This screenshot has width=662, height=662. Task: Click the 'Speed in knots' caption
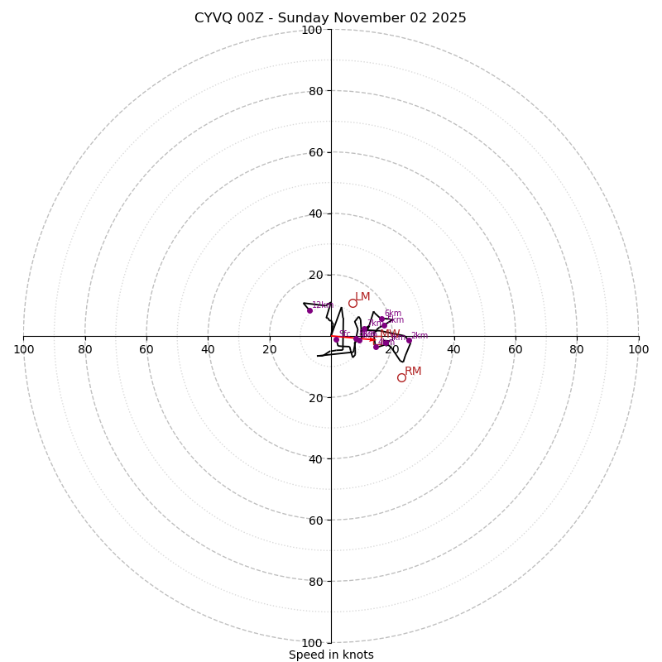pyautogui.click(x=331, y=655)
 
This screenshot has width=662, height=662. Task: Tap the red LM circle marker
pyautogui.click(x=353, y=304)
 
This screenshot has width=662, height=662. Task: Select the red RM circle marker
pyautogui.click(x=401, y=377)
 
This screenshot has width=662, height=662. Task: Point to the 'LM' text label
pyautogui.click(x=362, y=297)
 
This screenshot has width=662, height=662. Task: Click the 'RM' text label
pyautogui.click(x=413, y=372)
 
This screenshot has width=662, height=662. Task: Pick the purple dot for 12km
pyautogui.click(x=309, y=310)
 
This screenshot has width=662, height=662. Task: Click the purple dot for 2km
pyautogui.click(x=409, y=340)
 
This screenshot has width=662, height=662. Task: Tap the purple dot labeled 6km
pyautogui.click(x=381, y=319)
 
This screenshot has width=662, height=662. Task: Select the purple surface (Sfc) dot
pyautogui.click(x=336, y=338)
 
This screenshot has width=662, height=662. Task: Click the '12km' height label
pyautogui.click(x=322, y=305)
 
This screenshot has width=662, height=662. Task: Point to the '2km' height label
pyautogui.click(x=420, y=336)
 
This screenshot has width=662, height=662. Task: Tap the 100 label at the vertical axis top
pyautogui.click(x=312, y=30)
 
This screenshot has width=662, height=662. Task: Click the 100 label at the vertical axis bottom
pyautogui.click(x=312, y=643)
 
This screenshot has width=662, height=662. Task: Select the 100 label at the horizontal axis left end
pyautogui.click(x=23, y=349)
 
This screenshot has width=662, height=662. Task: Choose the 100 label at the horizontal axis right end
pyautogui.click(x=639, y=349)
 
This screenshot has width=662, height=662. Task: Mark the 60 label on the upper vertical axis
pyautogui.click(x=315, y=152)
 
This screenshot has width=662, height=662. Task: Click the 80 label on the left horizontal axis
pyautogui.click(x=85, y=349)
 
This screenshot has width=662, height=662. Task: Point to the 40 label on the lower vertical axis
pyautogui.click(x=315, y=459)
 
